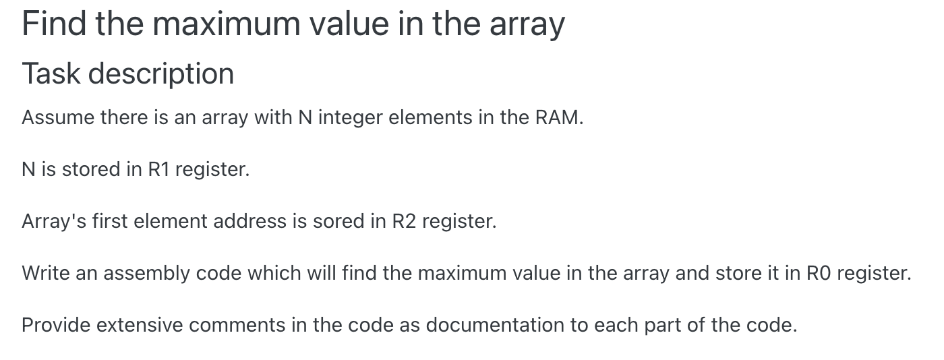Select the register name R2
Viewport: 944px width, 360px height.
pos(404,221)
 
